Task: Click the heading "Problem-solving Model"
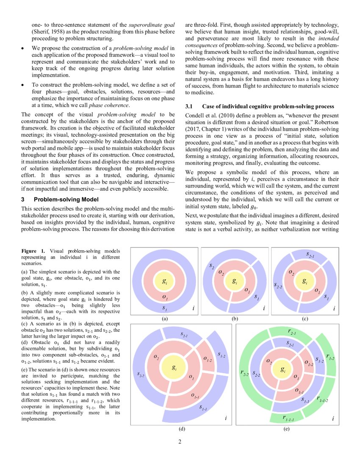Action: pos(66,199)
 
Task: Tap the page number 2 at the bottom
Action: pos(180,443)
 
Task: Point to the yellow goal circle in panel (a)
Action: pos(164,281)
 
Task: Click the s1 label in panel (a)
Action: pos(165,309)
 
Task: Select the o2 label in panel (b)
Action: pos(221,272)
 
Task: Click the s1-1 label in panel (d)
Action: pos(203,408)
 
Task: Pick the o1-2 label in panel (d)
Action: pos(208,359)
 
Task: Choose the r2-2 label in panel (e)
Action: pos(244,373)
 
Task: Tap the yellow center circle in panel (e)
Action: pos(283,370)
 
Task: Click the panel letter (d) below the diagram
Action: pos(181,429)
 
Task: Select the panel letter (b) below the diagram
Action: pos(235,318)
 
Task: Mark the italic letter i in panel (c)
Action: pos(334,309)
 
